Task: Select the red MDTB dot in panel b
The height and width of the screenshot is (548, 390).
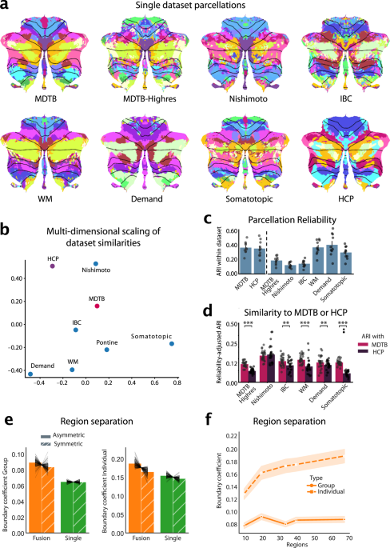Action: point(97,306)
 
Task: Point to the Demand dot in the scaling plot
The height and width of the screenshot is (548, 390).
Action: point(30,374)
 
